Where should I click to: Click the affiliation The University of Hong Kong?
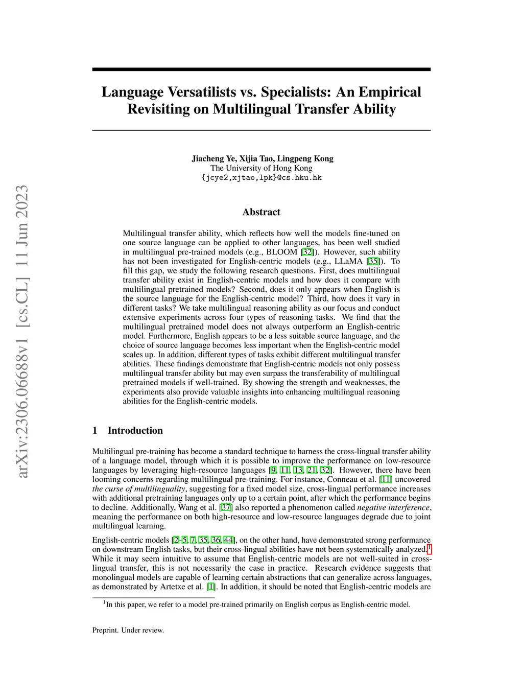point(261,168)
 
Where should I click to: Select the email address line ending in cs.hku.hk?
point(261,178)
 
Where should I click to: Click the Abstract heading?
point(261,212)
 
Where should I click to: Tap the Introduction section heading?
point(135,430)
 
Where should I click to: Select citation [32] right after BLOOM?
point(307,252)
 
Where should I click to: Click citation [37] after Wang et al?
point(226,507)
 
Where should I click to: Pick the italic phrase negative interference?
point(393,507)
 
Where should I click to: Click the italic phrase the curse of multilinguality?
point(138,489)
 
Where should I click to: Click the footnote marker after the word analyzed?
point(429,548)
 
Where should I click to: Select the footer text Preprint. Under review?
point(128,630)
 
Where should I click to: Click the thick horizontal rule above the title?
point(261,69)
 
